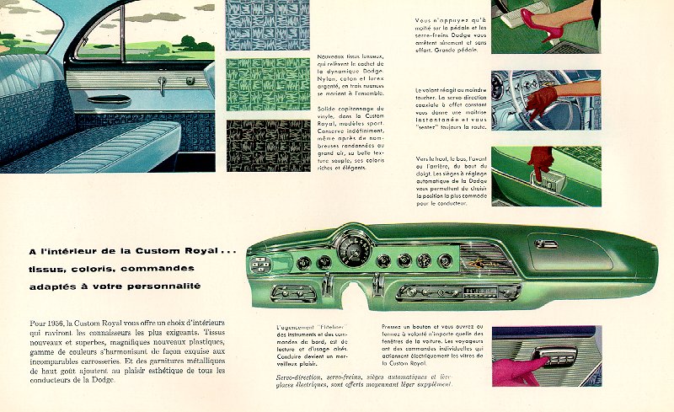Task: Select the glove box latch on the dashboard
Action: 546,244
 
